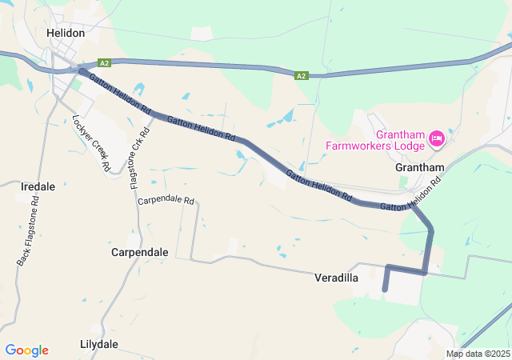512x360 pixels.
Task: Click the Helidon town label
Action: coord(65,33)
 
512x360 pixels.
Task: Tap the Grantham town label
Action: coord(419,168)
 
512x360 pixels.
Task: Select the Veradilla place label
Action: coord(335,278)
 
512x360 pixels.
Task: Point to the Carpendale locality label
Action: coord(139,252)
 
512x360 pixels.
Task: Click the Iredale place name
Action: coord(37,186)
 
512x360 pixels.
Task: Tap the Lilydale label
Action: coord(99,344)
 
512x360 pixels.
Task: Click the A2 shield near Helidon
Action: coord(104,62)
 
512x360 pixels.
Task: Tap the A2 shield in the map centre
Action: coord(301,76)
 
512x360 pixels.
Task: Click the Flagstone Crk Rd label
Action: coord(139,156)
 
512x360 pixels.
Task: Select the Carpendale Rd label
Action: coord(166,200)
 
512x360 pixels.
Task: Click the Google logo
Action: coord(26,350)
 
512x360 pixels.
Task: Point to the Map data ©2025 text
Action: coord(477,354)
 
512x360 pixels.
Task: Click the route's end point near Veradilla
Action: coord(385,290)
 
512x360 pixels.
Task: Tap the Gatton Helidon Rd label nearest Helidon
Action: coord(120,93)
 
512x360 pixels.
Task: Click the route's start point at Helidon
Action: coord(81,70)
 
